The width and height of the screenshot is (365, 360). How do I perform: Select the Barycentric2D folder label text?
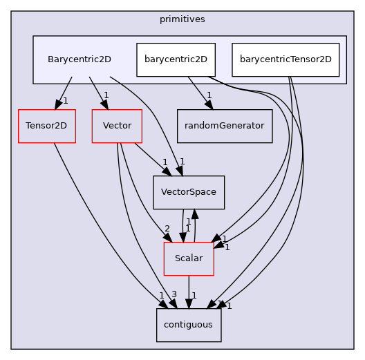[x=79, y=59]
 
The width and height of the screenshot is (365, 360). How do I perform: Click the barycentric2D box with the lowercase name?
[x=175, y=59]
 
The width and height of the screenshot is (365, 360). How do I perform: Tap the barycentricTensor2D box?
[x=286, y=59]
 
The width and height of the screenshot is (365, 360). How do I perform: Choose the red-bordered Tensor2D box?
[x=46, y=126]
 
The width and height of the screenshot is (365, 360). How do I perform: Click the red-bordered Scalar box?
[x=189, y=258]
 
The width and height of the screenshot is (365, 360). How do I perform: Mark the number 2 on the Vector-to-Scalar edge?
[x=167, y=229]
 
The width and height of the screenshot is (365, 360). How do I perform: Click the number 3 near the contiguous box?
[x=174, y=295]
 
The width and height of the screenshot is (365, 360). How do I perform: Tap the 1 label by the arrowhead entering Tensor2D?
[x=65, y=101]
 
